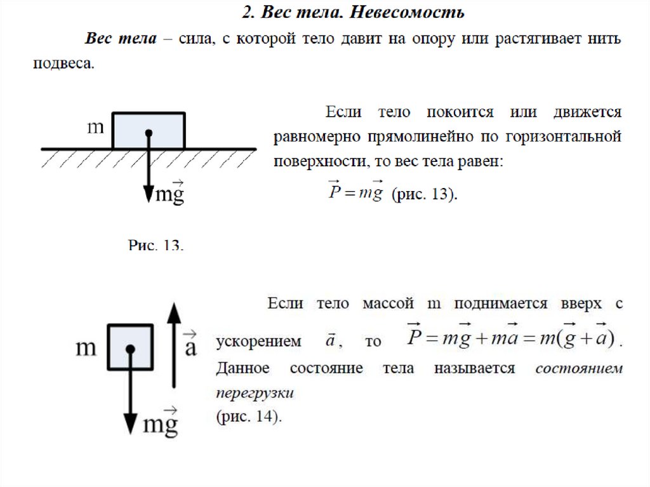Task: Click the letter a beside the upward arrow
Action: click(x=190, y=345)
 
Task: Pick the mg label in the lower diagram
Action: click(x=160, y=422)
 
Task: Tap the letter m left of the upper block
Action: click(x=95, y=127)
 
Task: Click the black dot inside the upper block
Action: click(x=149, y=133)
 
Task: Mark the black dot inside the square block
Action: click(x=130, y=349)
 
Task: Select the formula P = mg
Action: click(x=355, y=192)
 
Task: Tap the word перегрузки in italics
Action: click(x=255, y=393)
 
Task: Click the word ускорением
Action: click(x=258, y=342)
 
